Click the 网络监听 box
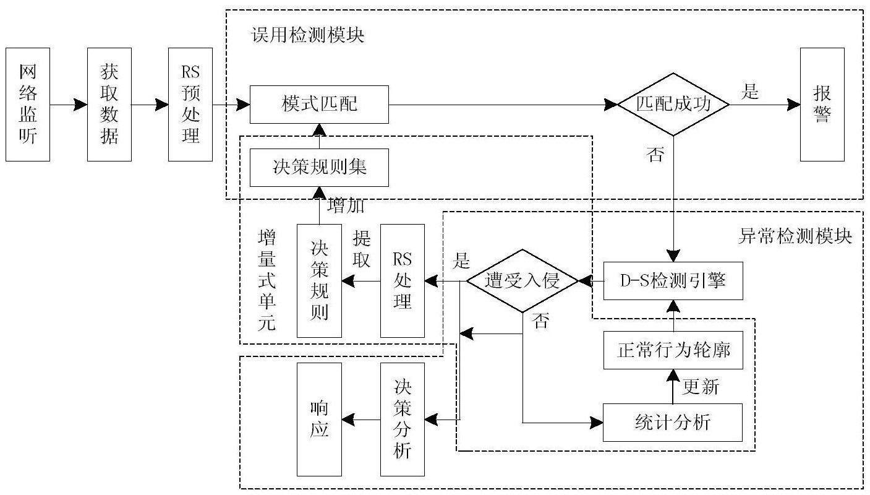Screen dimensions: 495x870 pyautogui.click(x=27, y=104)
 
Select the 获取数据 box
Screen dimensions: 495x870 pyautogui.click(x=109, y=104)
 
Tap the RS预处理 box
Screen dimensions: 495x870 pyautogui.click(x=190, y=104)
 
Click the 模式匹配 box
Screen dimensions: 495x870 pyautogui.click(x=319, y=105)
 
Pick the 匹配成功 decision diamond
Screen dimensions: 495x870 pyautogui.click(x=673, y=105)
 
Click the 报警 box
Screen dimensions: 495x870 pyautogui.click(x=822, y=104)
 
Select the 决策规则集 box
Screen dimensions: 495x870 pyautogui.click(x=319, y=167)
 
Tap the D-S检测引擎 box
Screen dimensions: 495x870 pyautogui.click(x=672, y=281)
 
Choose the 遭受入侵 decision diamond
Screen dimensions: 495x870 pyautogui.click(x=522, y=281)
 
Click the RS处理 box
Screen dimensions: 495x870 pyautogui.click(x=403, y=281)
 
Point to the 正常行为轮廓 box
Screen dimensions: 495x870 pyautogui.click(x=672, y=351)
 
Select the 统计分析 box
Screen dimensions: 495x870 pyautogui.click(x=672, y=423)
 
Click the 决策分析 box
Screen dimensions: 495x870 pyautogui.click(x=403, y=419)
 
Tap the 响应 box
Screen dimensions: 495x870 pyautogui.click(x=319, y=419)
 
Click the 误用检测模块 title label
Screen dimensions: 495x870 pyautogui.click(x=308, y=35)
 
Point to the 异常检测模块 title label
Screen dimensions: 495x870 pyautogui.click(x=795, y=236)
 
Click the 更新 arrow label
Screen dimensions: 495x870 pyautogui.click(x=701, y=387)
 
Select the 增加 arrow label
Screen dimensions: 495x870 pyautogui.click(x=344, y=205)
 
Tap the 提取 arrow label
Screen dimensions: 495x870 pyautogui.click(x=361, y=249)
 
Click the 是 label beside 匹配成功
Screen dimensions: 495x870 pyautogui.click(x=750, y=92)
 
